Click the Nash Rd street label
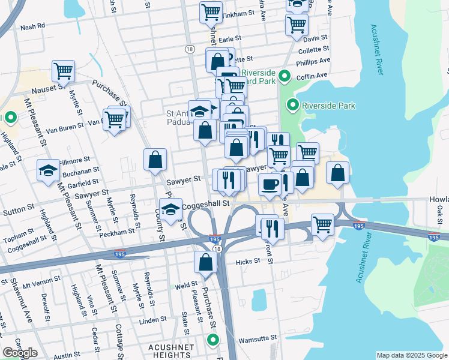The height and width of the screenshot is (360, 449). [32, 26]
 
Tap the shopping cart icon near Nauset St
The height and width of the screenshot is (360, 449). [63, 71]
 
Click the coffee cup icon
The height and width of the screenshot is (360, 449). [270, 184]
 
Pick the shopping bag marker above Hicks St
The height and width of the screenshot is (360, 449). [205, 262]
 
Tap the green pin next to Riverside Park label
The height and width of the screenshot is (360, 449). [293, 106]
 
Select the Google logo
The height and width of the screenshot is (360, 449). [20, 352]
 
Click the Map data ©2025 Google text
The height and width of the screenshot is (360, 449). [412, 355]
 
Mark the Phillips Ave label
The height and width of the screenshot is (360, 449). [316, 61]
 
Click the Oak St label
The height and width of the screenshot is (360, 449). [440, 214]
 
